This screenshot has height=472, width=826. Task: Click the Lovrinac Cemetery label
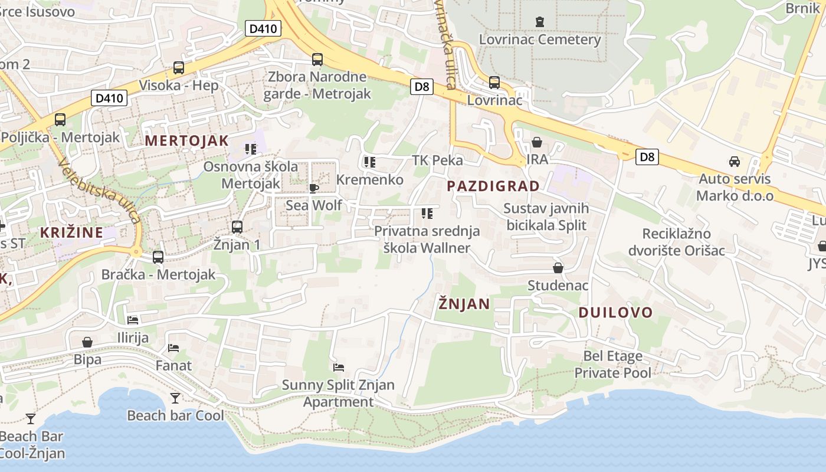pyautogui.click(x=539, y=40)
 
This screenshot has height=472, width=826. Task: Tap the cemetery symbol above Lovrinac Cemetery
pyautogui.click(x=539, y=22)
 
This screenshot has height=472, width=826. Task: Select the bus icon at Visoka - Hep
pyautogui.click(x=179, y=68)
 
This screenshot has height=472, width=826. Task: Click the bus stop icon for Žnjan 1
pyautogui.click(x=237, y=227)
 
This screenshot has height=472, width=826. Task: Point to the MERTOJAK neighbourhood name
pyautogui.click(x=186, y=140)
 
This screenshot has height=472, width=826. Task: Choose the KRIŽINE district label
pyautogui.click(x=71, y=232)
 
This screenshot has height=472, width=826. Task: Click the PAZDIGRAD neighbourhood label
pyautogui.click(x=493, y=186)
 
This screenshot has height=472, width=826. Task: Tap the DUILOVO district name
pyautogui.click(x=615, y=312)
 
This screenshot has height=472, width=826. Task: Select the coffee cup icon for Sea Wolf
pyautogui.click(x=313, y=188)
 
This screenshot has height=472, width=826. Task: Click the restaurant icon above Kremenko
pyautogui.click(x=370, y=162)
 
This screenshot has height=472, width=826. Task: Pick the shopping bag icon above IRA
pyautogui.click(x=537, y=142)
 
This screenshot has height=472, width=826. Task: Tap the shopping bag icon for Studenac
pyautogui.click(x=558, y=268)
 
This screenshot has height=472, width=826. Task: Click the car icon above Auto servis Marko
pyautogui.click(x=735, y=162)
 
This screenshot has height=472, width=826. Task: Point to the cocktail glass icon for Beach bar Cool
pyautogui.click(x=175, y=398)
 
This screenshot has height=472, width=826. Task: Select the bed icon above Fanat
pyautogui.click(x=173, y=348)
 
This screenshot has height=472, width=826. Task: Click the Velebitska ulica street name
pyautogui.click(x=100, y=192)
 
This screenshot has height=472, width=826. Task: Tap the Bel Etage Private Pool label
pyautogui.click(x=612, y=364)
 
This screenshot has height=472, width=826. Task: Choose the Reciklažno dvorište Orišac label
pyautogui.click(x=676, y=241)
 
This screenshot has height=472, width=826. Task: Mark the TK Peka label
pyautogui.click(x=437, y=160)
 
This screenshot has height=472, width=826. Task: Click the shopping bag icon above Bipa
pyautogui.click(x=87, y=342)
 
